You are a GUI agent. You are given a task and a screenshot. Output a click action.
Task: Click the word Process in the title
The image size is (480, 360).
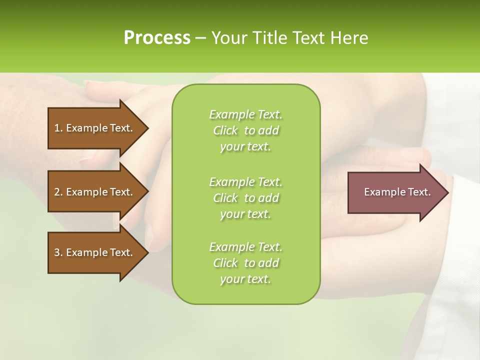[x=157, y=38]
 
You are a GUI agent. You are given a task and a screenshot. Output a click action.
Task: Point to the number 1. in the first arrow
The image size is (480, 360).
[x=58, y=128]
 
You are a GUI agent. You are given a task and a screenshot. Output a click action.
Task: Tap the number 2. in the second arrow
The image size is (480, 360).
[x=58, y=192]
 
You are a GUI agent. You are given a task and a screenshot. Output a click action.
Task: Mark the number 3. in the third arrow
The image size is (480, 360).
[x=58, y=252]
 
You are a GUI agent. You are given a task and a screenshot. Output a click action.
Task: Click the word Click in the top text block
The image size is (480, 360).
[x=225, y=130]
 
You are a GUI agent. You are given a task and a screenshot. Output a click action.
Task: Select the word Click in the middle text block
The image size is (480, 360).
[x=225, y=198]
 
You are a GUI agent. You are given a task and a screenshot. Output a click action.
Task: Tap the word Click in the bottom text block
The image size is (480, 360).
[x=225, y=263]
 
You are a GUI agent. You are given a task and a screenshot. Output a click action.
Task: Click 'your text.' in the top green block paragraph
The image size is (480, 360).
[x=245, y=146]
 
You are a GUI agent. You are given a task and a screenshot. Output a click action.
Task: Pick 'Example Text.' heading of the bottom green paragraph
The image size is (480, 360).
[x=245, y=247]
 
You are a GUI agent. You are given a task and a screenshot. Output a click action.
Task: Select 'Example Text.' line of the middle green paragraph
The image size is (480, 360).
[x=245, y=182]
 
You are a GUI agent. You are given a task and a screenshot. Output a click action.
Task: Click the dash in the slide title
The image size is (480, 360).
[x=200, y=38]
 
